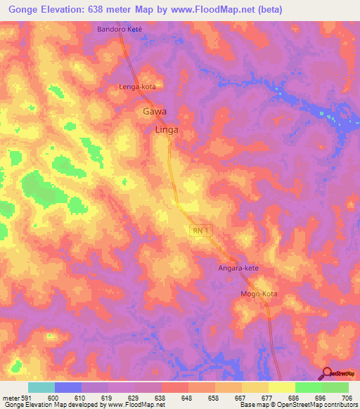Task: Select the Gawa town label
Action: coord(154,111)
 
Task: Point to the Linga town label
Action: coord(166,130)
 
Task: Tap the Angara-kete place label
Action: coord(238,269)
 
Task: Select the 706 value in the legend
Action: coord(347,397)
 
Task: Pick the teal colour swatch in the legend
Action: coord(41,387)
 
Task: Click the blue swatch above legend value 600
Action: coord(67,387)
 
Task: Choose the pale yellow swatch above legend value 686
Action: coord(281,387)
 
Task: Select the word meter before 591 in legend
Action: coord(9,397)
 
